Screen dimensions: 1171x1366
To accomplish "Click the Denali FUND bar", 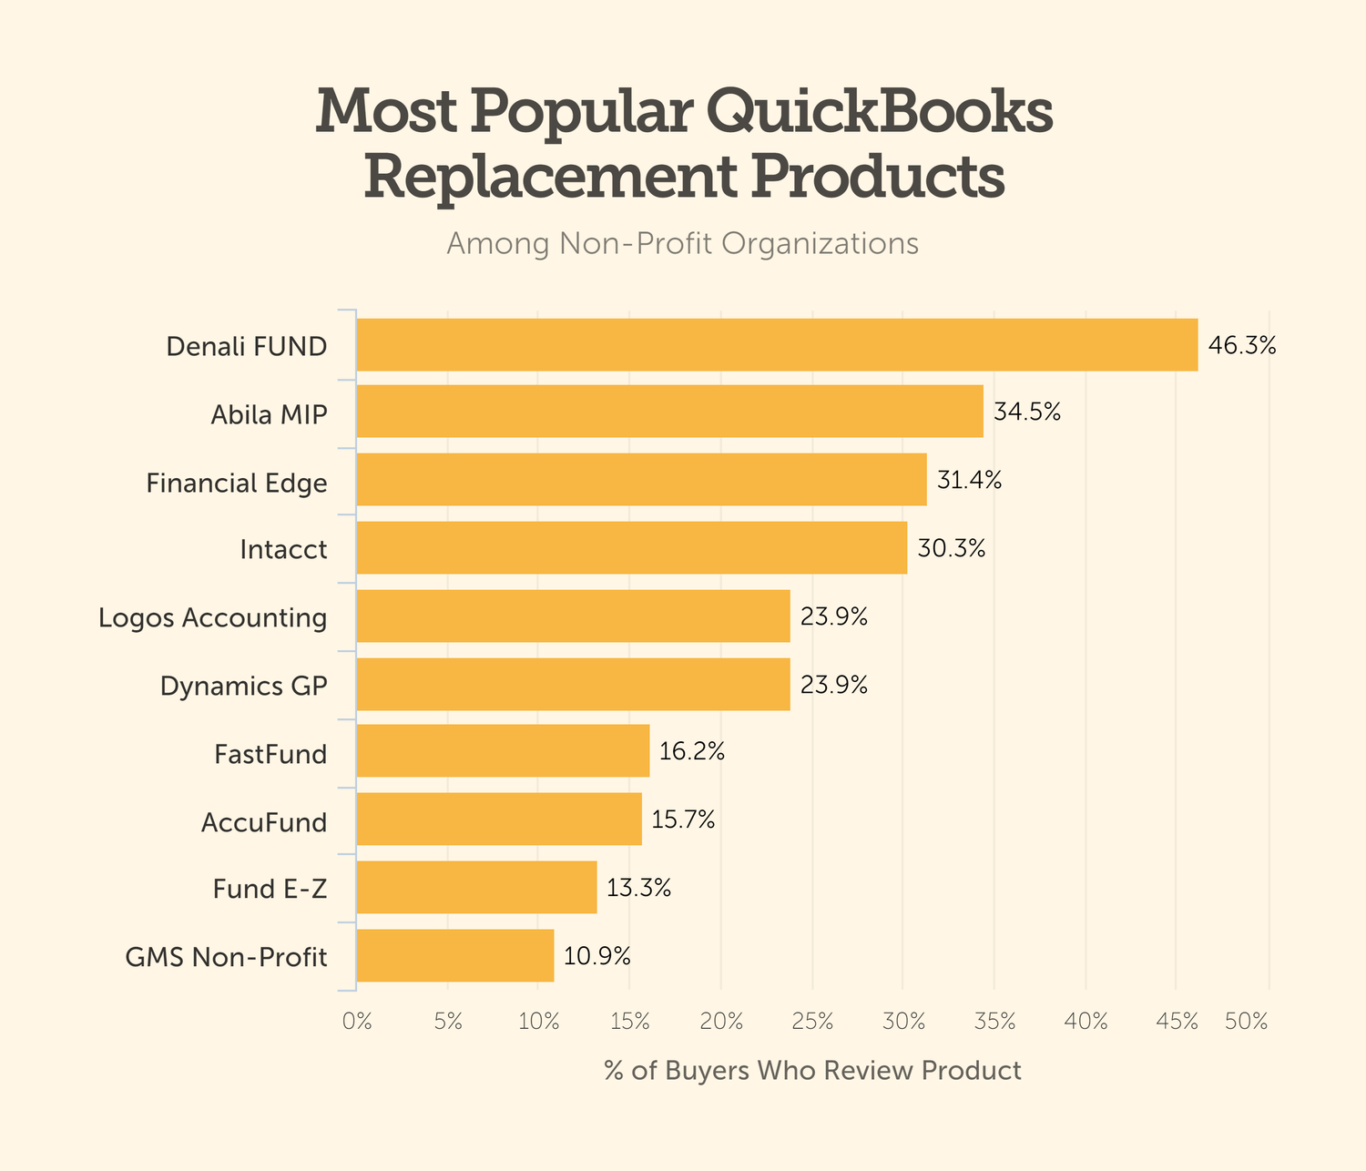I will (777, 345).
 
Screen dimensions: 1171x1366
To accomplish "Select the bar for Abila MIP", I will (669, 412).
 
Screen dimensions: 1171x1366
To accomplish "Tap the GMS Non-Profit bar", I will (454, 956).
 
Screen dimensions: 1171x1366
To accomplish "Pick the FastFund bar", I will (503, 751).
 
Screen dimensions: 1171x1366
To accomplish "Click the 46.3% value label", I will (1242, 346).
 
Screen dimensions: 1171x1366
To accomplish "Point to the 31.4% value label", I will (969, 480).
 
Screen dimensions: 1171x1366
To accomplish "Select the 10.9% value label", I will (596, 956).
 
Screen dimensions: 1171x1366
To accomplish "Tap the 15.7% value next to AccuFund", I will (683, 820).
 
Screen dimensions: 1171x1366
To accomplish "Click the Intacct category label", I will (283, 549).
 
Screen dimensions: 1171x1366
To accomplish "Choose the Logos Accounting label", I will (212, 617).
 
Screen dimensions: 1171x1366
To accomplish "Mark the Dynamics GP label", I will (243, 686).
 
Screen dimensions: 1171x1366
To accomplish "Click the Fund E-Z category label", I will (270, 889).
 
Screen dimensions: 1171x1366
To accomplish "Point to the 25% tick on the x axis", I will (812, 1022).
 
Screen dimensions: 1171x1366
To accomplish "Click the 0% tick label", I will (357, 1022).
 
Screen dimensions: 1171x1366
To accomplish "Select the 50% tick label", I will (1247, 1022).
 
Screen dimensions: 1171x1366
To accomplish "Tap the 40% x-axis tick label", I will (1086, 1022).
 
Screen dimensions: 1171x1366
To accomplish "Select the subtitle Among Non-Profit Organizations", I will (682, 244).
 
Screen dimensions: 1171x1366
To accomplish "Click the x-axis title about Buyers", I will (812, 1070).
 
